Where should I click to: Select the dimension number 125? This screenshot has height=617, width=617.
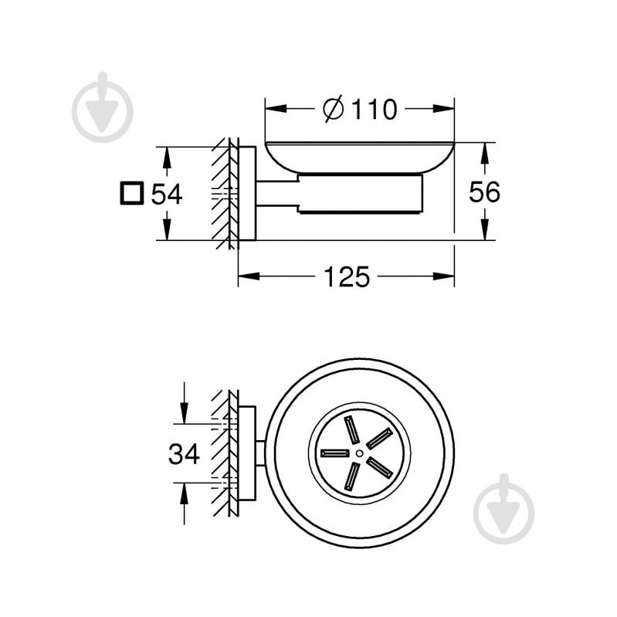(345, 276)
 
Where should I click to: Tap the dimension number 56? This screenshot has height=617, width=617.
(485, 192)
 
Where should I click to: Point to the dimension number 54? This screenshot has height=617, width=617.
(166, 194)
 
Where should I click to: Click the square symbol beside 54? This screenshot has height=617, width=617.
(132, 193)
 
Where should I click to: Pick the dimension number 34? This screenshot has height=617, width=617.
(184, 453)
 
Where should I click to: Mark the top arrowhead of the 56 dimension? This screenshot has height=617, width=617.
(485, 151)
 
